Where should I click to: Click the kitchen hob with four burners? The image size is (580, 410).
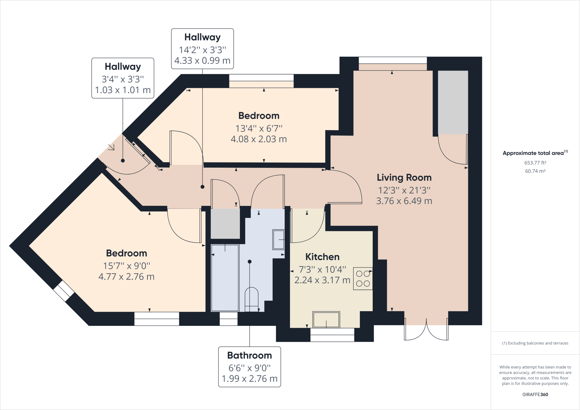(x=363, y=279)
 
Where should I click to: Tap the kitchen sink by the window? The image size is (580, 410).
(x=326, y=319)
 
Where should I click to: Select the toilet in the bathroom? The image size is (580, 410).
(x=251, y=300)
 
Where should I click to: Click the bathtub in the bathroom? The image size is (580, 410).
(x=225, y=278)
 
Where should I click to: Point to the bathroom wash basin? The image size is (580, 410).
(x=278, y=240)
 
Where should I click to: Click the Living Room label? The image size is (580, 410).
(x=404, y=178)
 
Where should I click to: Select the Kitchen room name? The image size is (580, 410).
(x=322, y=257)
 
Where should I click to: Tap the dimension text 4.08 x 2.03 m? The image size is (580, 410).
(x=259, y=139)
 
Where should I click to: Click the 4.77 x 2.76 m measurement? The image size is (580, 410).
(x=126, y=277)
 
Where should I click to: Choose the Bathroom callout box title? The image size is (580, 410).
(x=250, y=355)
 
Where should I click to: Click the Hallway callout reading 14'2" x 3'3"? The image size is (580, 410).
(x=202, y=50)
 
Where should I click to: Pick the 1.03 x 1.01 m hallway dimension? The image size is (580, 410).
(x=123, y=90)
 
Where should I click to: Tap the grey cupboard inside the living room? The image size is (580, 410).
(x=453, y=102)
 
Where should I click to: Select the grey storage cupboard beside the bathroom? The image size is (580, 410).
(x=225, y=224)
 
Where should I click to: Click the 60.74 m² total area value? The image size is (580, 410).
(x=535, y=171)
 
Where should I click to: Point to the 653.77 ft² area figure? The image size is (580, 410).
(x=535, y=163)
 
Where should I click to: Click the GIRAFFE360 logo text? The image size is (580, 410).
(x=535, y=394)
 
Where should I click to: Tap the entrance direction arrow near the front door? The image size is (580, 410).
(x=111, y=147)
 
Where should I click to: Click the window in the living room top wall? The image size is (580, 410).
(x=393, y=60)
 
